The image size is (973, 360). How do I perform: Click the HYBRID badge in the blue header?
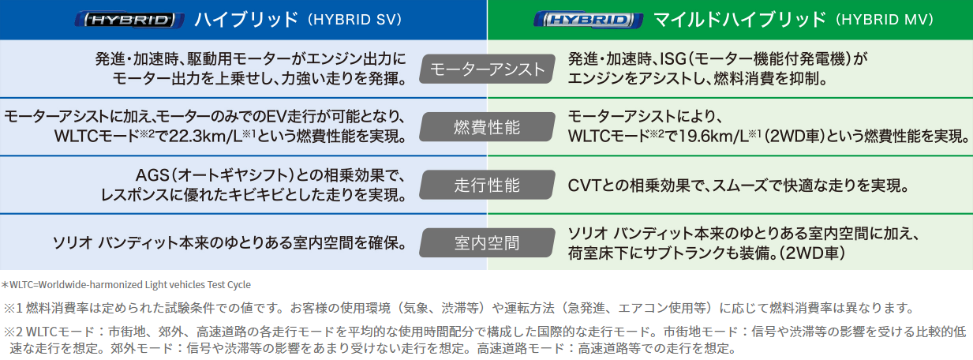129,20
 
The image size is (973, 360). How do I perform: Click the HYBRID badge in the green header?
588,20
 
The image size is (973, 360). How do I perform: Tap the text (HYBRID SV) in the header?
355,20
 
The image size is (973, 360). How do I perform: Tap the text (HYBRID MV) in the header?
885,20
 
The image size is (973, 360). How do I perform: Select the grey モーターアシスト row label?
487,69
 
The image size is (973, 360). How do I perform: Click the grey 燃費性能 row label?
487,127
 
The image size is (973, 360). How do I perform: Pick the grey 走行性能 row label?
487,185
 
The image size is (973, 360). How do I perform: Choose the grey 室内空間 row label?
487,242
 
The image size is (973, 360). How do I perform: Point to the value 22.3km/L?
205,137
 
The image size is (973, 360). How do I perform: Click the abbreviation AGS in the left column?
152,175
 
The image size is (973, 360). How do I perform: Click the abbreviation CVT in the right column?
585,186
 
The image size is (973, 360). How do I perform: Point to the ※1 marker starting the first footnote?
13,308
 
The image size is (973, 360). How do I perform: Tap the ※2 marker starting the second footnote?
13,332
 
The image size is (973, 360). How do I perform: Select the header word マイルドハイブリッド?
739,20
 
